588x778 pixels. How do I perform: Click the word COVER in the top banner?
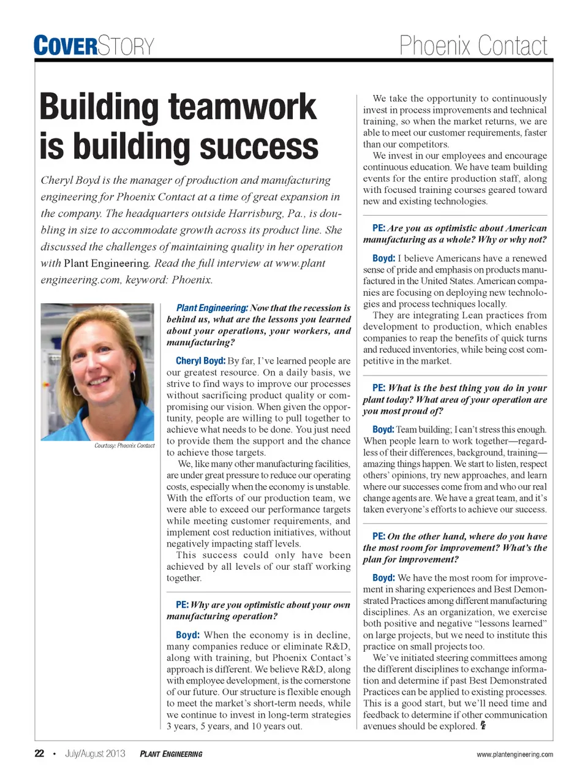point(66,46)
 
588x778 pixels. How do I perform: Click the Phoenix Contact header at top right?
point(473,46)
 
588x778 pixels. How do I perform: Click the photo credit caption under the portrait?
point(124,445)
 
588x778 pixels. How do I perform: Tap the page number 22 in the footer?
point(39,753)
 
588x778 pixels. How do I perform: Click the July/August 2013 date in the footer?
point(95,753)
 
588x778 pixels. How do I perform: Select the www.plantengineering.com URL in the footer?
point(514,754)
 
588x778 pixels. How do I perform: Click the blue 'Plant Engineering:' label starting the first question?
point(212,308)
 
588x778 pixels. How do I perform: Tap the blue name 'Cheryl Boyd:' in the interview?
point(200,361)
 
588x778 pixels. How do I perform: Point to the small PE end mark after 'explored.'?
point(483,726)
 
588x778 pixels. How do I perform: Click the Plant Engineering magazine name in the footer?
point(171,754)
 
